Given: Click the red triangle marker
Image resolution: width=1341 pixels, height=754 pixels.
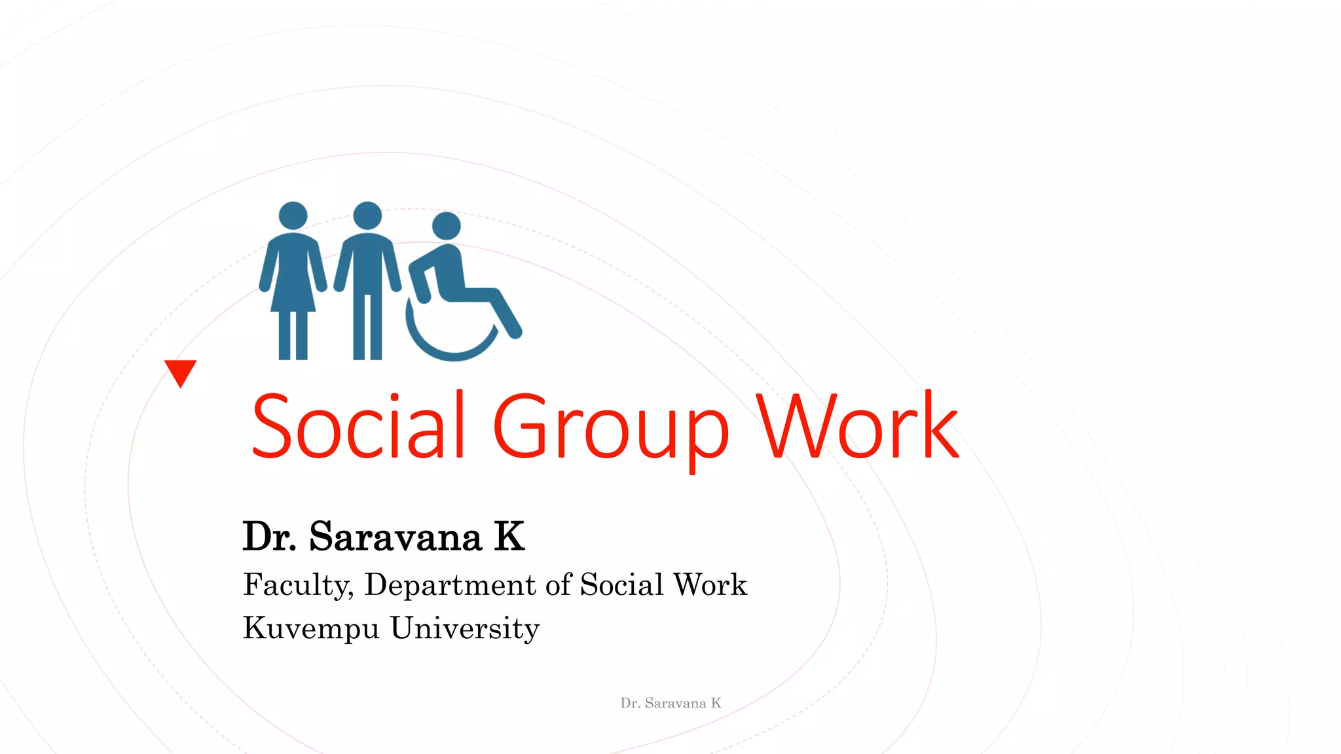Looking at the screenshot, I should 180,372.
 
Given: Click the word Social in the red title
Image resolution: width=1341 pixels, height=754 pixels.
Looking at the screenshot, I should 358,425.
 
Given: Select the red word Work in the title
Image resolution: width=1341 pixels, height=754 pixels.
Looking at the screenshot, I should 858,425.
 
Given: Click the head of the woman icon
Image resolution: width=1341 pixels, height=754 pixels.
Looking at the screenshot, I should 293,215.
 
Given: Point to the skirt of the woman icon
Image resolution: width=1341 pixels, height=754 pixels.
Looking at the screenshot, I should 293,288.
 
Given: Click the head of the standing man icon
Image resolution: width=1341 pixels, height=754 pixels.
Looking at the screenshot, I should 367,215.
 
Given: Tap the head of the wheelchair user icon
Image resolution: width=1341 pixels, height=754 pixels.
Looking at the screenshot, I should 447,226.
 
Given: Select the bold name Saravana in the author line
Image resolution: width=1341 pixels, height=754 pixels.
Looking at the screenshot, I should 395,537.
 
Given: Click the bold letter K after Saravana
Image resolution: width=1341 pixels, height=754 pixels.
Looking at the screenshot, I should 509,537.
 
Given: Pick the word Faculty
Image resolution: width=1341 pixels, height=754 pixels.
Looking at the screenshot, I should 298,585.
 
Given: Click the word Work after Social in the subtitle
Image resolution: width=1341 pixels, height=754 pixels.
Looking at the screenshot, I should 710,584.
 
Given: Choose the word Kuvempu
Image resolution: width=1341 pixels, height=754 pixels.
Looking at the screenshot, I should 311,628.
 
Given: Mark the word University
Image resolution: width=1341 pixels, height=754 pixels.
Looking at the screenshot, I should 465,628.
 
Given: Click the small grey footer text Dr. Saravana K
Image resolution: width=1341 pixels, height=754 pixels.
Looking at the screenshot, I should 670,703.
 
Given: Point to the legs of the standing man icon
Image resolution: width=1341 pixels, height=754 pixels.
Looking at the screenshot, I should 367,327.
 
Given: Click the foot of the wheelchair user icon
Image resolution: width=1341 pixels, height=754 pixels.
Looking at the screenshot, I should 515,331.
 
